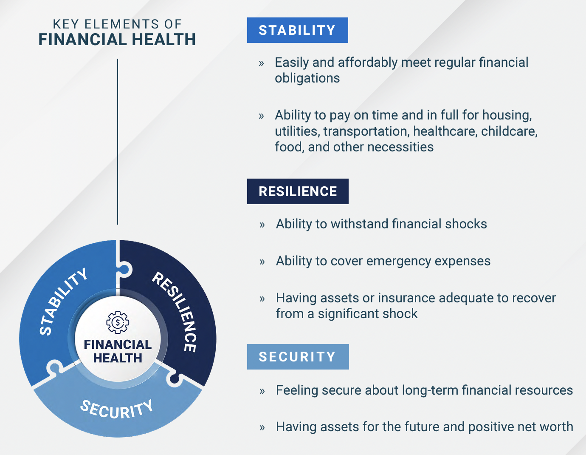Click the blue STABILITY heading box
click(x=297, y=30)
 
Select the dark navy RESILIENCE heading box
click(x=298, y=191)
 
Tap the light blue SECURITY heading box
click(x=298, y=357)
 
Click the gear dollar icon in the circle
click(x=118, y=322)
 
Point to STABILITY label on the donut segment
click(x=63, y=301)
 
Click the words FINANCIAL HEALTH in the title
click(x=117, y=40)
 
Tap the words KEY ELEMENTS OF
click(x=117, y=24)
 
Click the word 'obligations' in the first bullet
click(x=307, y=78)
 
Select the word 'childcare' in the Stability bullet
click(x=509, y=131)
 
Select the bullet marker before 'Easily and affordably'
click(x=261, y=63)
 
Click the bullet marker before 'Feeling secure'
click(x=262, y=391)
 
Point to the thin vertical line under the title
click(x=118, y=142)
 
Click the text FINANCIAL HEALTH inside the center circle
click(x=118, y=351)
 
